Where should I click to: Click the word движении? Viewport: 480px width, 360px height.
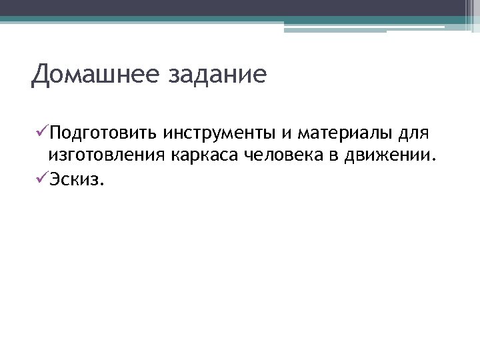click(x=393, y=157)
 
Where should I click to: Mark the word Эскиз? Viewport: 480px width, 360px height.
click(x=74, y=181)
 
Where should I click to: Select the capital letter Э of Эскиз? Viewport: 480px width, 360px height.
click(x=53, y=181)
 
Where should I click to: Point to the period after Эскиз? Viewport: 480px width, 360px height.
click(x=102, y=185)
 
